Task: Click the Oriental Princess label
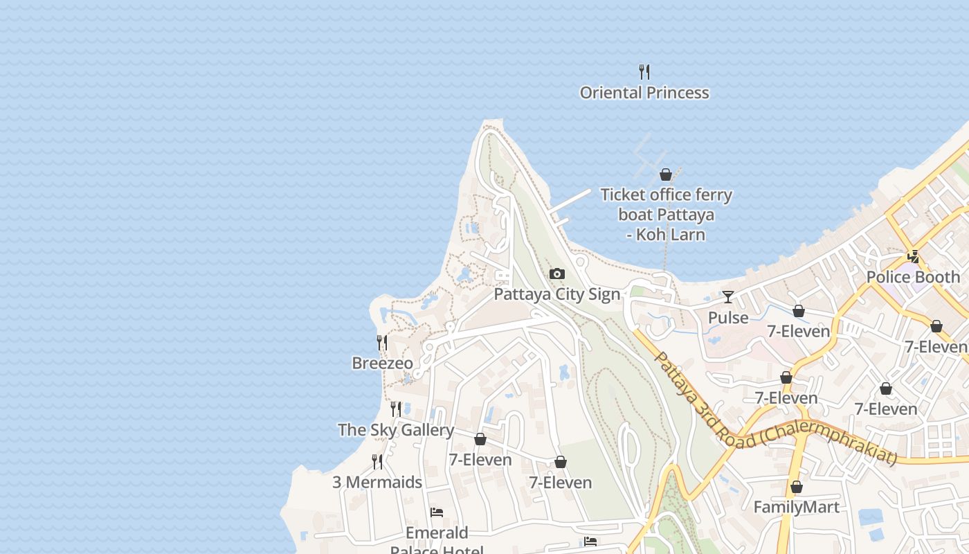coord(644,93)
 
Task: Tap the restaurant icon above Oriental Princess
coord(644,71)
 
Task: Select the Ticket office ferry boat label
coord(666,215)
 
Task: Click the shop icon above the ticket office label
coord(666,175)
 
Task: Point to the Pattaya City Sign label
coord(557,294)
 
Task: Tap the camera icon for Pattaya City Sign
coord(557,274)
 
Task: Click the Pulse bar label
coord(728,318)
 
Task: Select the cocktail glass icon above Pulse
coord(728,297)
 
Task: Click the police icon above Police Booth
coord(914,257)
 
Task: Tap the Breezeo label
coord(382,364)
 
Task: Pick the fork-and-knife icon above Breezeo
coord(382,342)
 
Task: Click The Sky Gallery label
coord(396,430)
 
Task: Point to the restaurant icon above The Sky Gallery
coord(396,409)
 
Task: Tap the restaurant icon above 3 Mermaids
coord(377,461)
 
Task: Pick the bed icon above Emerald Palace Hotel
coord(437,512)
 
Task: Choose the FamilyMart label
coord(796,508)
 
